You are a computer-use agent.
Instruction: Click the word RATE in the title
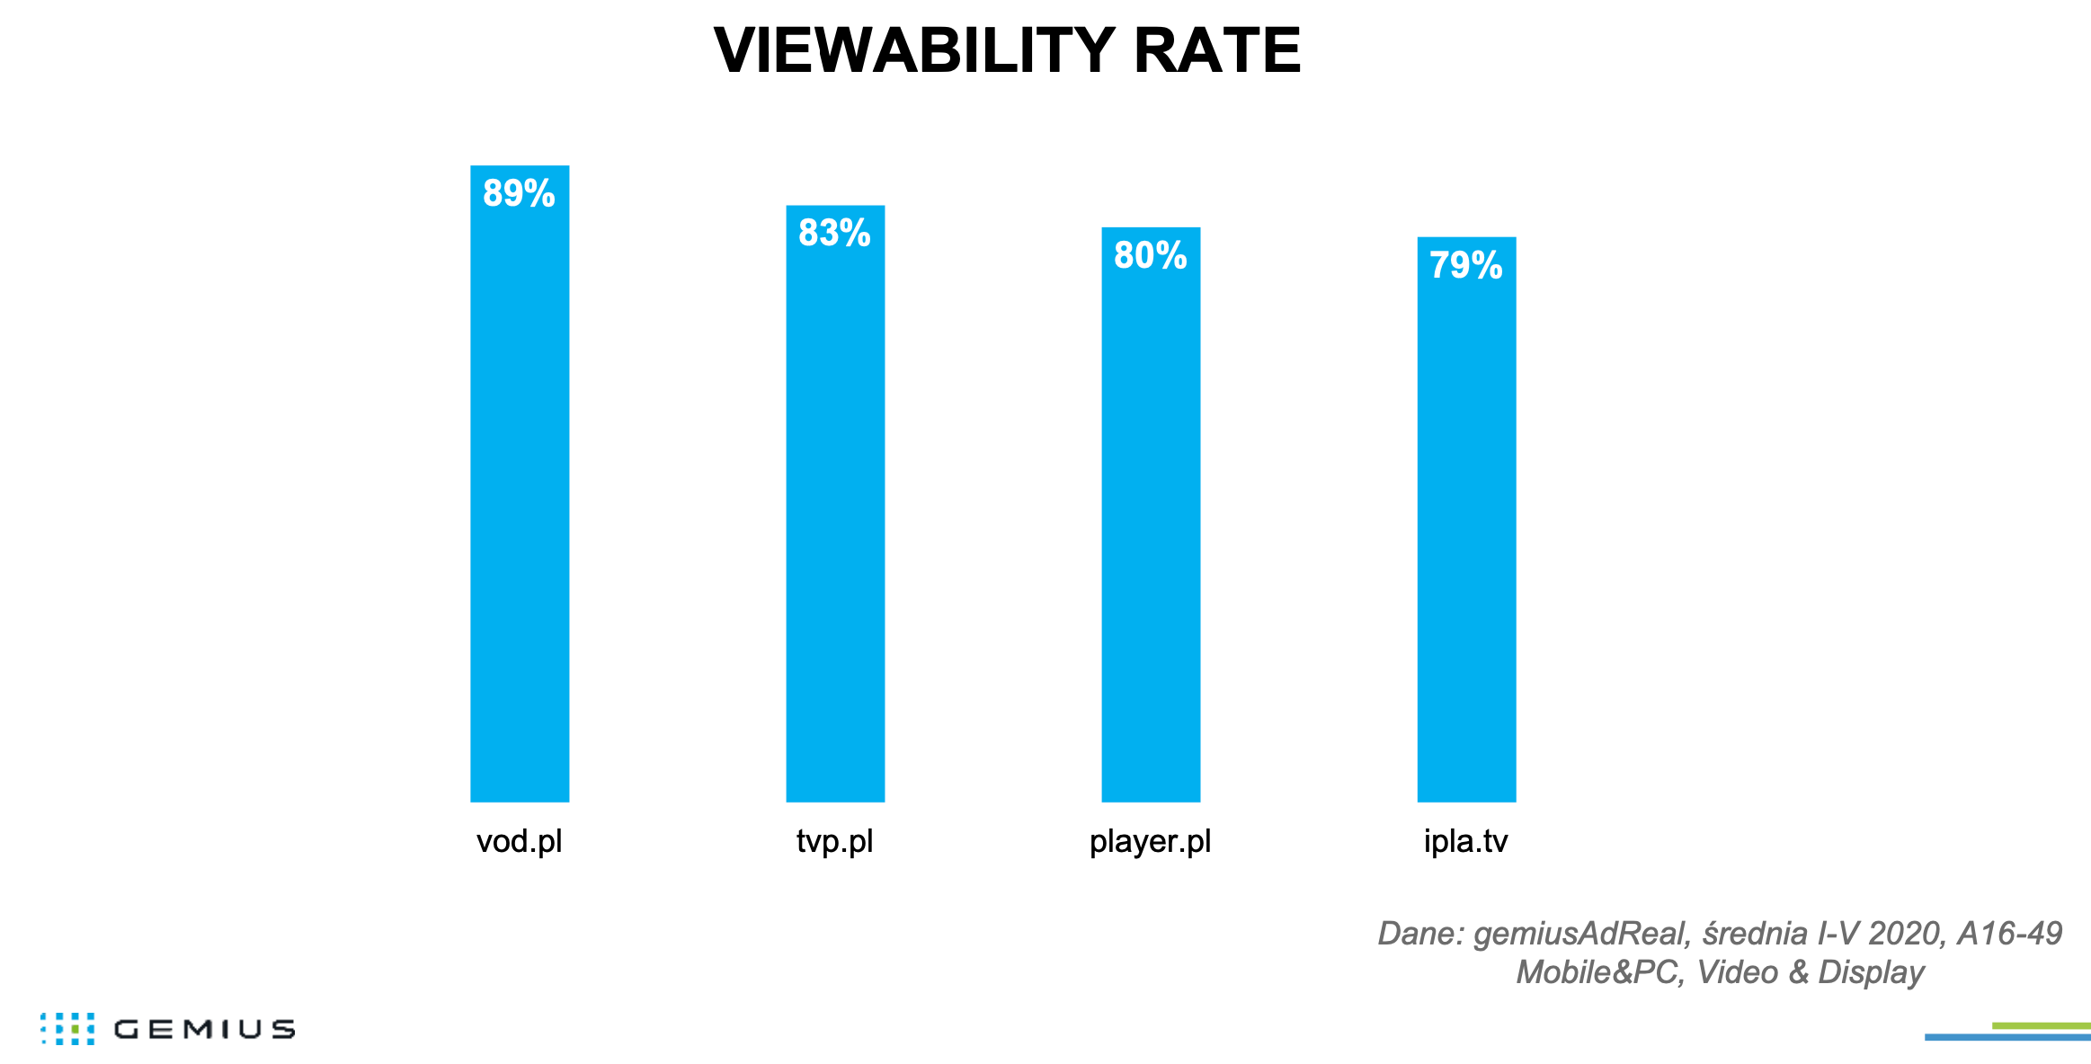pyautogui.click(x=1216, y=50)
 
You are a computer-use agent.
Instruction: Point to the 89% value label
pyautogui.click(x=519, y=193)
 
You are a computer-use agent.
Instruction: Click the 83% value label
pyautogui.click(x=834, y=233)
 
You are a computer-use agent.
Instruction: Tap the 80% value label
pyautogui.click(x=1150, y=255)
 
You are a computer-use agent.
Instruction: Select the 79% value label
pyautogui.click(x=1465, y=265)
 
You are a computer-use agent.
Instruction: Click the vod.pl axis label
pyautogui.click(x=519, y=842)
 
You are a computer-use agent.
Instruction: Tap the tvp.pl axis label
pyautogui.click(x=834, y=842)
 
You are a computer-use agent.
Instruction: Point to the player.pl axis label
pyautogui.click(x=1150, y=842)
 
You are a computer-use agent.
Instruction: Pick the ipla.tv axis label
pyautogui.click(x=1465, y=842)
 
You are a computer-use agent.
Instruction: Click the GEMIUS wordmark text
pyautogui.click(x=204, y=1030)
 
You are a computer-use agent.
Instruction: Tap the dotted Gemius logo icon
pyautogui.click(x=67, y=1029)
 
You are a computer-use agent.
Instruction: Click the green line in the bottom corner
pyautogui.click(x=2041, y=1025)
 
